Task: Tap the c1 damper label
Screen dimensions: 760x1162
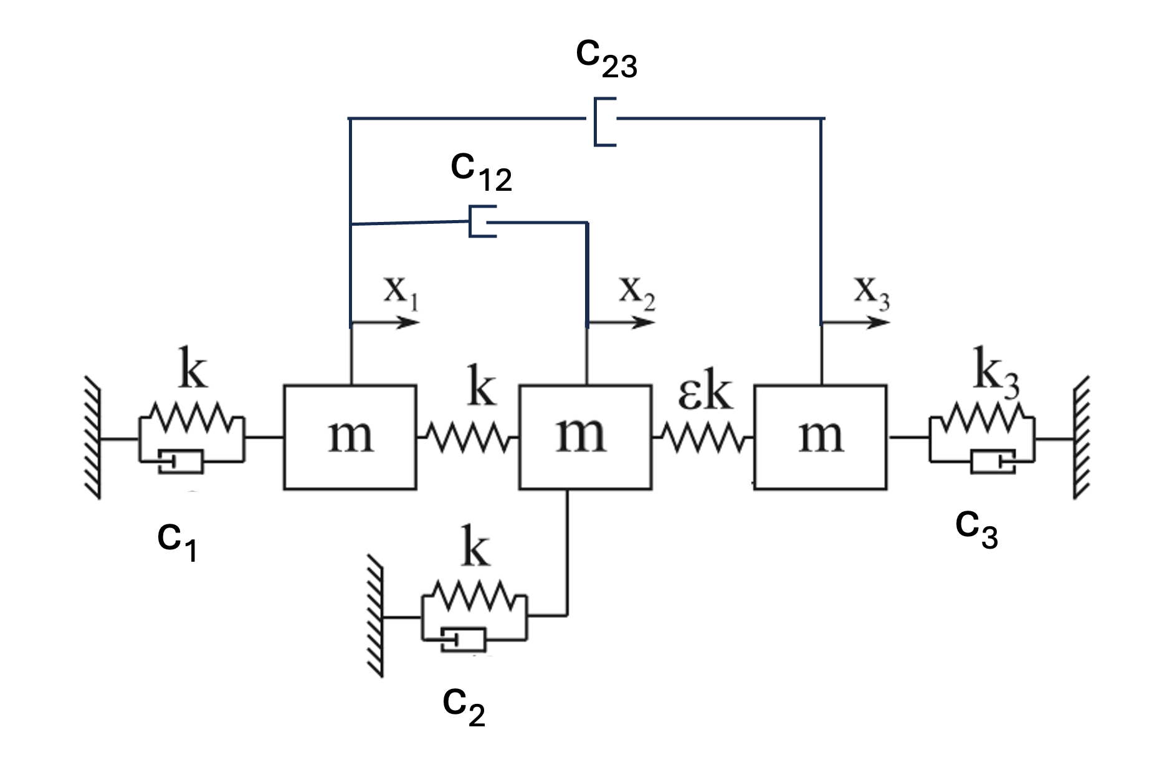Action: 178,540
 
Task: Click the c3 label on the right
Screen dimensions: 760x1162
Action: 976,527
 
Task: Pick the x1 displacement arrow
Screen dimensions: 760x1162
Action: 385,322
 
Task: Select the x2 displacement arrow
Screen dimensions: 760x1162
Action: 621,322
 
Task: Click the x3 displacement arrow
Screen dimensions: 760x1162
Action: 855,322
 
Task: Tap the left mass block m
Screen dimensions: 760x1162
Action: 350,437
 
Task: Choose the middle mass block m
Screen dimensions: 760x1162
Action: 585,437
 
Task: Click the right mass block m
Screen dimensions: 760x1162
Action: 821,437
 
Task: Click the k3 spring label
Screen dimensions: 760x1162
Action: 995,377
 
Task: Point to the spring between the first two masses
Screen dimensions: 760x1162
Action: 467,438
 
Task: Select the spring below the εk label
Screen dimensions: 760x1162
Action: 703,438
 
